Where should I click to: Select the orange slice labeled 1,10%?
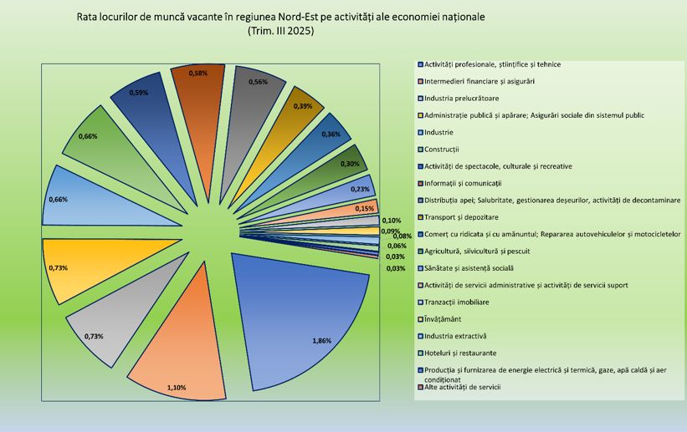[184, 343]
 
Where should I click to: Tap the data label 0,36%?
[331, 135]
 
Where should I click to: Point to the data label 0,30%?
[350, 164]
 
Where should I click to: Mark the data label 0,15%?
[364, 208]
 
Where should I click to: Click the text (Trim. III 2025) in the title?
[280, 32]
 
